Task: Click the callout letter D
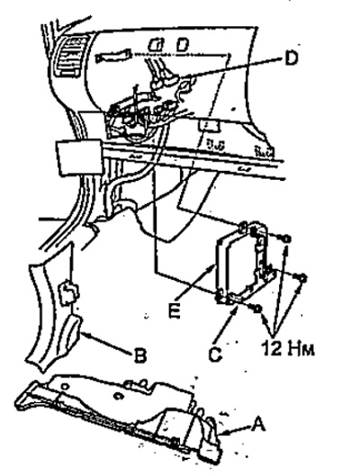coord(291,58)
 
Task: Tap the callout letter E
coord(175,310)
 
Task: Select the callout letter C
coord(215,354)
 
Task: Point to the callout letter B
coord(139,355)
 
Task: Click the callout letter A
coord(258,425)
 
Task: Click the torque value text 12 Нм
coord(287,349)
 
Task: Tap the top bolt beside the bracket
coord(286,239)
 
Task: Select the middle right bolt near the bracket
coord(301,277)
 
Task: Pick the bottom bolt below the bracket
coord(257,309)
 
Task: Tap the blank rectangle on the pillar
coord(78,157)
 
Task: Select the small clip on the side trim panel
coord(68,293)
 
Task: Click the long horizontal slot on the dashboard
coord(112,56)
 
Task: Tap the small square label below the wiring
coord(209,126)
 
